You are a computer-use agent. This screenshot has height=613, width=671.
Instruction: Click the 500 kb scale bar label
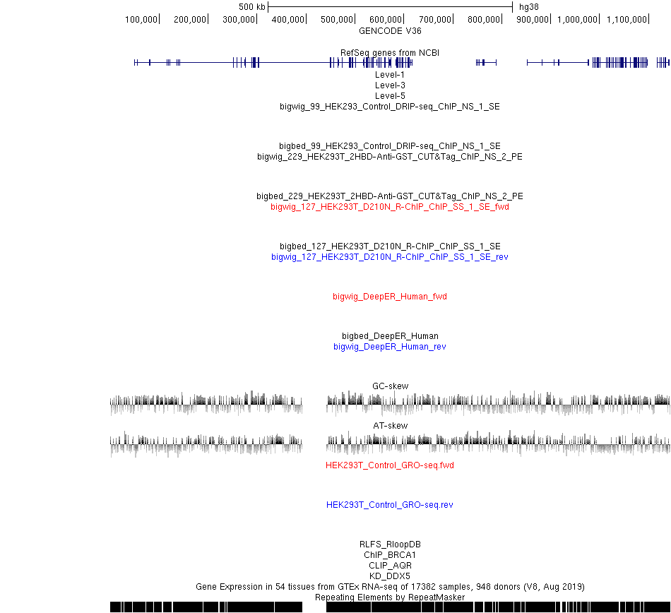pos(251,7)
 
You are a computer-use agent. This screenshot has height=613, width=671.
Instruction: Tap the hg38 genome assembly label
pos(528,7)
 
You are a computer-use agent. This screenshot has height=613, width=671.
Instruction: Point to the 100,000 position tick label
pos(141,20)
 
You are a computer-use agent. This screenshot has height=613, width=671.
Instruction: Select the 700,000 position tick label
pos(435,20)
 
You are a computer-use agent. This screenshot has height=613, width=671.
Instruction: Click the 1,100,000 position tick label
pos(627,20)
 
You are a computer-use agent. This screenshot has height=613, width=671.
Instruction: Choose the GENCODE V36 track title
pos(390,31)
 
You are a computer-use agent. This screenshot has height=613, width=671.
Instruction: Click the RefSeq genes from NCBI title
pos(390,53)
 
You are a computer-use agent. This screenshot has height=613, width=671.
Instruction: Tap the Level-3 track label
pos(390,85)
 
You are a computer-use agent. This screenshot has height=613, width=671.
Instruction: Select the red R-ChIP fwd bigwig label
pos(390,207)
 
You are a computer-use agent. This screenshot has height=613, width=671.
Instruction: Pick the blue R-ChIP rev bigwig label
pos(390,257)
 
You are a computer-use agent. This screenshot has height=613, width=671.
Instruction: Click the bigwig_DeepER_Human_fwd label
pos(390,297)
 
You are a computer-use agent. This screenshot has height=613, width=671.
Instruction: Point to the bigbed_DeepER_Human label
pos(390,336)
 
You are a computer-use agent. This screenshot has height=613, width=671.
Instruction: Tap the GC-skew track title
pos(391,386)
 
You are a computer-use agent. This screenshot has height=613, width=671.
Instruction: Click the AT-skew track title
pos(391,426)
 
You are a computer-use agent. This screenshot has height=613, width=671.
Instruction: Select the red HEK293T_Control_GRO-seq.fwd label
pos(390,465)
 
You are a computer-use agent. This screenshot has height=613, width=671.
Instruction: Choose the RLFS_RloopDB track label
pos(390,544)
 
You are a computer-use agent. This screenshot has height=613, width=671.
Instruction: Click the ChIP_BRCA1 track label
pos(390,555)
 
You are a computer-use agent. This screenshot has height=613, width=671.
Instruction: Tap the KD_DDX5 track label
pos(390,576)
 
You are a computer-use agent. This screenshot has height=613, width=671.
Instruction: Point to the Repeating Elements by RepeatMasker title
pos(390,597)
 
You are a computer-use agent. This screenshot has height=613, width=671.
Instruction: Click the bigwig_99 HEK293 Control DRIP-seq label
pos(390,107)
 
